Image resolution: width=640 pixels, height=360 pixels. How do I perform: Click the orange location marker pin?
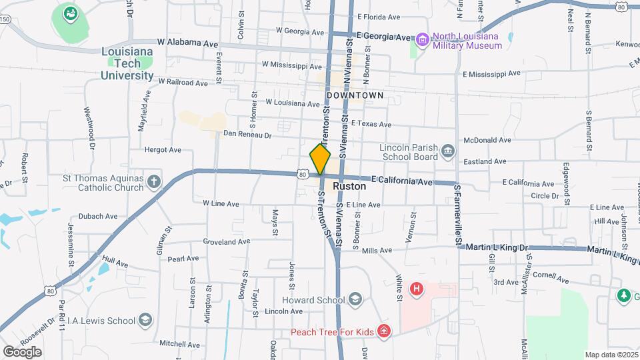tap(320, 159)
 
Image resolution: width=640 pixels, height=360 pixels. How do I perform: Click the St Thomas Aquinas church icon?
tap(153, 181)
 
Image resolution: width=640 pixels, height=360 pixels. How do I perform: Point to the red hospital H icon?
tap(417, 289)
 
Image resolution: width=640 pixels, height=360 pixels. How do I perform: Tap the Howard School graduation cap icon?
tap(355, 299)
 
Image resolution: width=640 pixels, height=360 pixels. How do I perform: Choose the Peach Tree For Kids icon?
tap(383, 331)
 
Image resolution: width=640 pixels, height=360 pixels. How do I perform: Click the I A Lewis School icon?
tap(145, 321)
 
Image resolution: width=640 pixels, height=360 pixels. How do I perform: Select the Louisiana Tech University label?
tap(127, 63)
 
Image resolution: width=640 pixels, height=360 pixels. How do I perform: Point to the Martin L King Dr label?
tap(497, 247)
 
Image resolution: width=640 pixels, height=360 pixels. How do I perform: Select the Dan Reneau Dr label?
tap(247, 135)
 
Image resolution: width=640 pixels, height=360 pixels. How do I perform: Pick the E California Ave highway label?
tap(403, 180)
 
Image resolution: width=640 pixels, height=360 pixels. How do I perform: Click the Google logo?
tap(23, 351)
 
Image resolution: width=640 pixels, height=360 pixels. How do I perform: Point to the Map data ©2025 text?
tap(611, 355)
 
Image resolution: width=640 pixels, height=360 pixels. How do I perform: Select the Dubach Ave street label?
tap(98, 216)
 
